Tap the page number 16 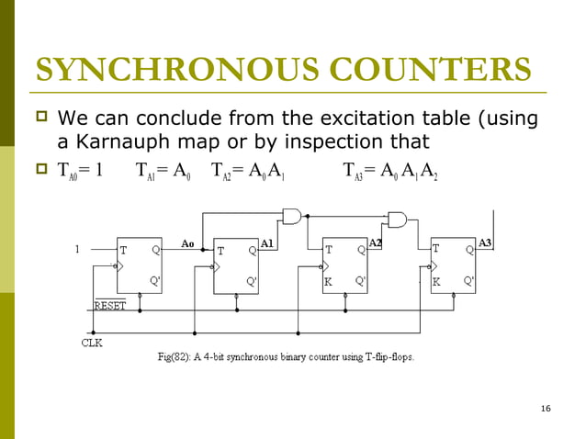(x=547, y=408)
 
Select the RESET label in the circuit (x=111, y=305)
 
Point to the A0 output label (x=187, y=244)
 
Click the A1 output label (x=266, y=243)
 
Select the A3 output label (x=486, y=242)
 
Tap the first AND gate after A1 (x=292, y=218)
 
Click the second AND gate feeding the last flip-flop (x=398, y=219)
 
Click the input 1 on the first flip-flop (x=77, y=249)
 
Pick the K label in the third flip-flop (x=328, y=282)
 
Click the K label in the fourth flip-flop (x=436, y=282)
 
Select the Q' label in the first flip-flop (x=155, y=281)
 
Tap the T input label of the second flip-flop (x=220, y=250)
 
